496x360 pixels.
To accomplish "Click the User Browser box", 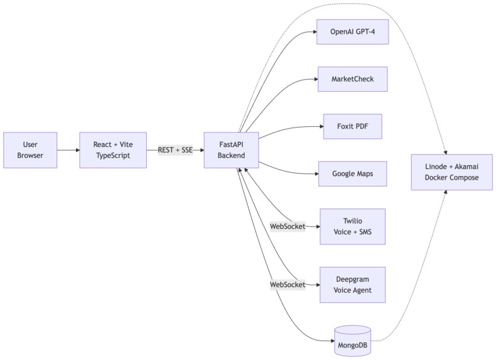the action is pos(30,150).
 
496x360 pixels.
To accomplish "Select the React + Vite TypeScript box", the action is pos(113,150).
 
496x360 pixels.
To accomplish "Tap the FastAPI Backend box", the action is pos(231,150).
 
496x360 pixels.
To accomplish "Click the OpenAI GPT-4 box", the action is pos(353,32).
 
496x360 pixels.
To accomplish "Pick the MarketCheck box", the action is pos(353,79).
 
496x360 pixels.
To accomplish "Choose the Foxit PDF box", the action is pos(353,126).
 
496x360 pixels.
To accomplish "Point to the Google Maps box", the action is pos(353,174).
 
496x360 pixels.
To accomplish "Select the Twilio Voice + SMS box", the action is pos(353,227).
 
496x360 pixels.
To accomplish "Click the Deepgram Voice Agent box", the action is pos(353,285).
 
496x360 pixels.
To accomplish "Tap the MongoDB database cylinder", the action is pos(353,341).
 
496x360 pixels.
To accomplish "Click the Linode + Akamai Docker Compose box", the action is pos(451,172).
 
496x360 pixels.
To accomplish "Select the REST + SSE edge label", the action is pos(175,150).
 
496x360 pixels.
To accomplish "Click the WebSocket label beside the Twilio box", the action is pos(288,227).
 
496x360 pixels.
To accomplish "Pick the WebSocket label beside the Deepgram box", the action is pos(288,285).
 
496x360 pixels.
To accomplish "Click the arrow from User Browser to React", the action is pos(68,150).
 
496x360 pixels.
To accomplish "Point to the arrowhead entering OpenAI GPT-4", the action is pos(315,32).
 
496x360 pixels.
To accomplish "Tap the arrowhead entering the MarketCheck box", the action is pos(316,79).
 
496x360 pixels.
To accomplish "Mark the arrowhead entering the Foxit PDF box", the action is pos(321,126).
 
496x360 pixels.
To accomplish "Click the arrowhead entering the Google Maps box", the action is pos(316,174).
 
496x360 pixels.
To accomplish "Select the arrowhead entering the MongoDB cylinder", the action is pos(333,341).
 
